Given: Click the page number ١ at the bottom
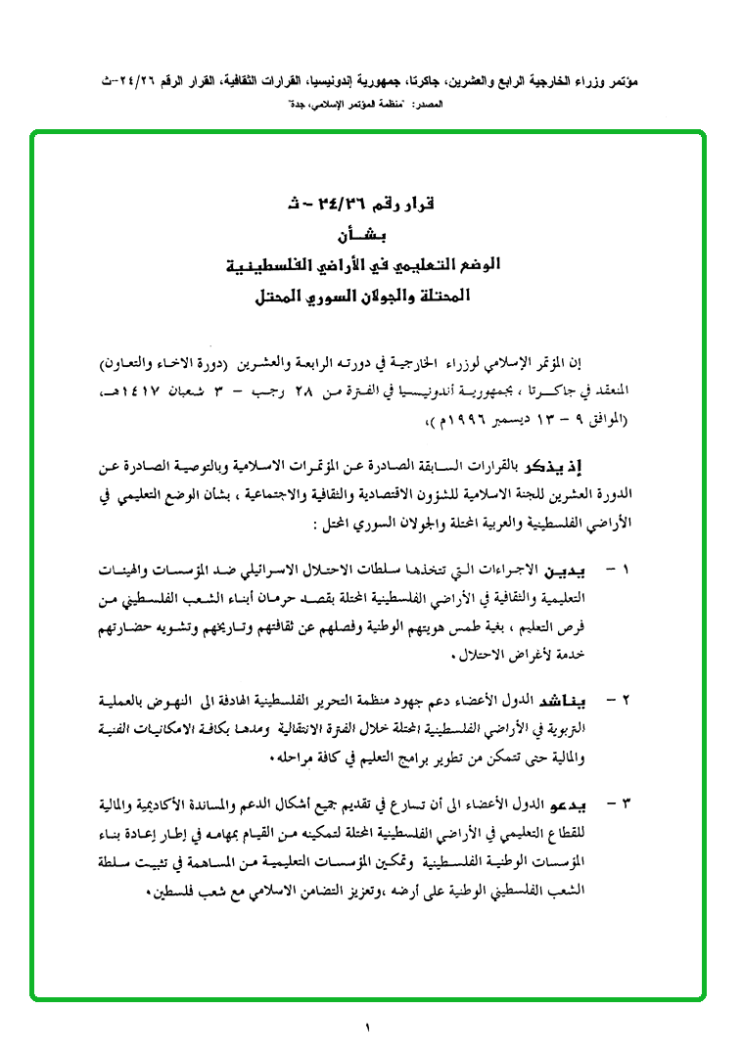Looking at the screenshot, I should [x=369, y=1028].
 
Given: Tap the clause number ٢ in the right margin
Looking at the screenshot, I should [x=627, y=701].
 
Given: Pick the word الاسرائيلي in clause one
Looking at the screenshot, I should [x=313, y=569].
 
